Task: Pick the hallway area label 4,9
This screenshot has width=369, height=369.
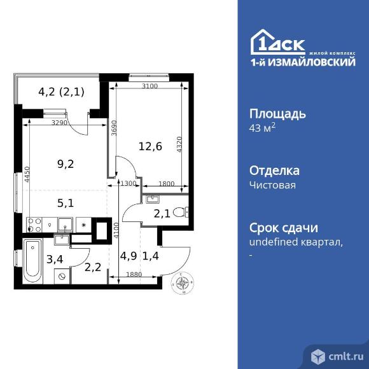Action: [x=128, y=257]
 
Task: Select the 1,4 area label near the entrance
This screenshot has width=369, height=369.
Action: [x=151, y=257]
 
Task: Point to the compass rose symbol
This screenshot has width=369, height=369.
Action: [x=183, y=282]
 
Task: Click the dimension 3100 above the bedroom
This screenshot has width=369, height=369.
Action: [x=150, y=87]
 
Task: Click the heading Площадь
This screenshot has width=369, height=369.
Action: [x=278, y=115]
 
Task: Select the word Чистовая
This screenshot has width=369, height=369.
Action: [x=273, y=185]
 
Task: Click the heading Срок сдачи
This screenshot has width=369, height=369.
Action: [x=282, y=228]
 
